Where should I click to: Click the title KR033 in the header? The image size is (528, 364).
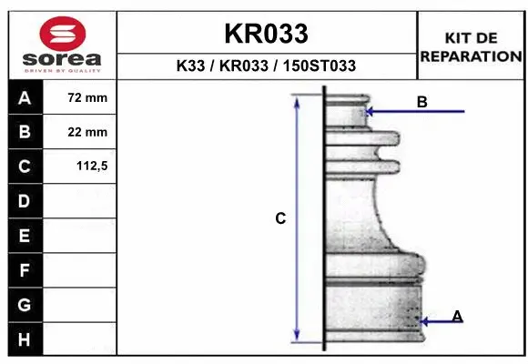(266, 35)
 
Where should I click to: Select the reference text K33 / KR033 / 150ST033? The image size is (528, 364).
(266, 66)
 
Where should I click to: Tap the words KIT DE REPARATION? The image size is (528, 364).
(470, 46)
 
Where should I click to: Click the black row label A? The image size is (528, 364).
(25, 98)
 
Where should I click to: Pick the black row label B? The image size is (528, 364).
(25, 133)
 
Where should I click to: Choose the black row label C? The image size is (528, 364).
(25, 167)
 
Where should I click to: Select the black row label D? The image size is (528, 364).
(25, 201)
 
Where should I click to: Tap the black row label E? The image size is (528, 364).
(25, 236)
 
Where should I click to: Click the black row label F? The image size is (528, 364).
(25, 270)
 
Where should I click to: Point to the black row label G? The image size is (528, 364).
(25, 304)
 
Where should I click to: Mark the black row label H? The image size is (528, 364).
(25, 339)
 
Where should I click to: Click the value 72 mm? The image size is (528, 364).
(87, 98)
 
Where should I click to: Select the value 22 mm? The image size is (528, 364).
(87, 133)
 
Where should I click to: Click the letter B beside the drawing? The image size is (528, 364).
(421, 102)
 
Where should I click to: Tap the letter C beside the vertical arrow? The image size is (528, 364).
(281, 218)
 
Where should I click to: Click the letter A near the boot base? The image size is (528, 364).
(457, 316)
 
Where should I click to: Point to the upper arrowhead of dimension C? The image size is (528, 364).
(297, 101)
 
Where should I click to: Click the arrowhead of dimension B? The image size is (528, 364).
(369, 112)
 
